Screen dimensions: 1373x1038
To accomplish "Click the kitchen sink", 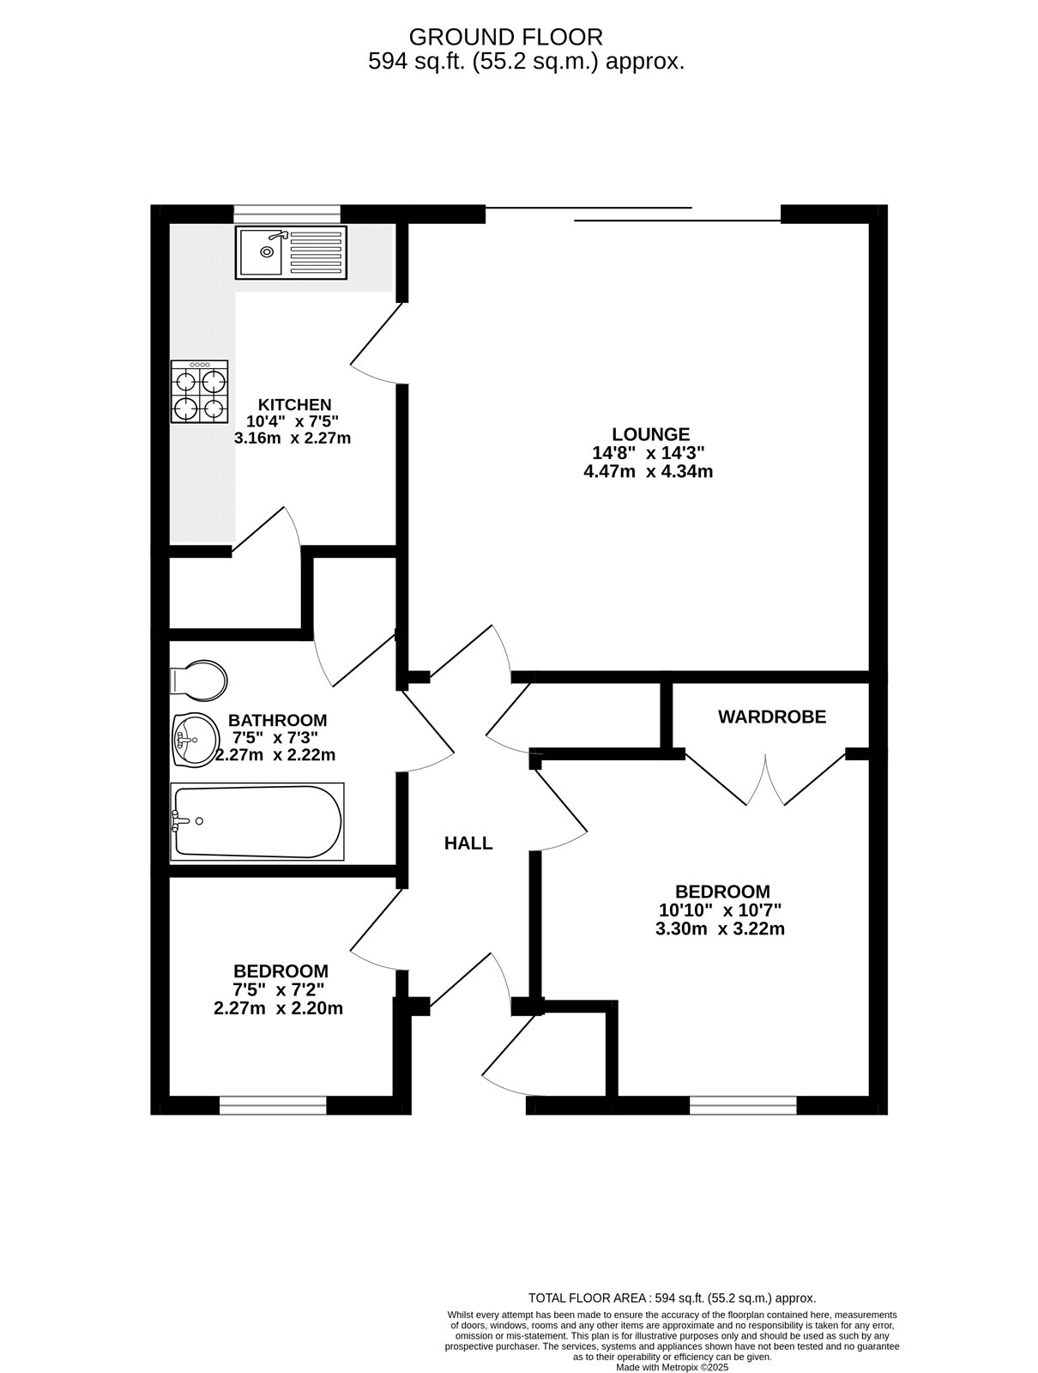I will (x=291, y=252).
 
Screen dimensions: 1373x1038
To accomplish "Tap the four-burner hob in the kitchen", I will (x=200, y=392).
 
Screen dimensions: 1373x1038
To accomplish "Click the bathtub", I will (x=256, y=821).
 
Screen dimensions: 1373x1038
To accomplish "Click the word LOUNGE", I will (x=650, y=434).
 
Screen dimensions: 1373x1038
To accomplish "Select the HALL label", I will (x=468, y=844).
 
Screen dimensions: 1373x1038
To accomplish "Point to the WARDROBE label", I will (x=772, y=717).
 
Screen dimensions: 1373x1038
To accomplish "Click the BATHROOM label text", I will (x=277, y=720).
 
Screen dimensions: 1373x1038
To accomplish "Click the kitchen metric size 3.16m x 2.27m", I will (x=293, y=438).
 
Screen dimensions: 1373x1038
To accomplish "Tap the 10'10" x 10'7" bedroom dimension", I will (x=721, y=910).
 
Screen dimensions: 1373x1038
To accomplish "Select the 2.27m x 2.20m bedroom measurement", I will (x=278, y=1008).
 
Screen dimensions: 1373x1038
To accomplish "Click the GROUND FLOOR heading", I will (x=506, y=37).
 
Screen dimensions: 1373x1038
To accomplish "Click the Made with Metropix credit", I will (x=672, y=1367).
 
